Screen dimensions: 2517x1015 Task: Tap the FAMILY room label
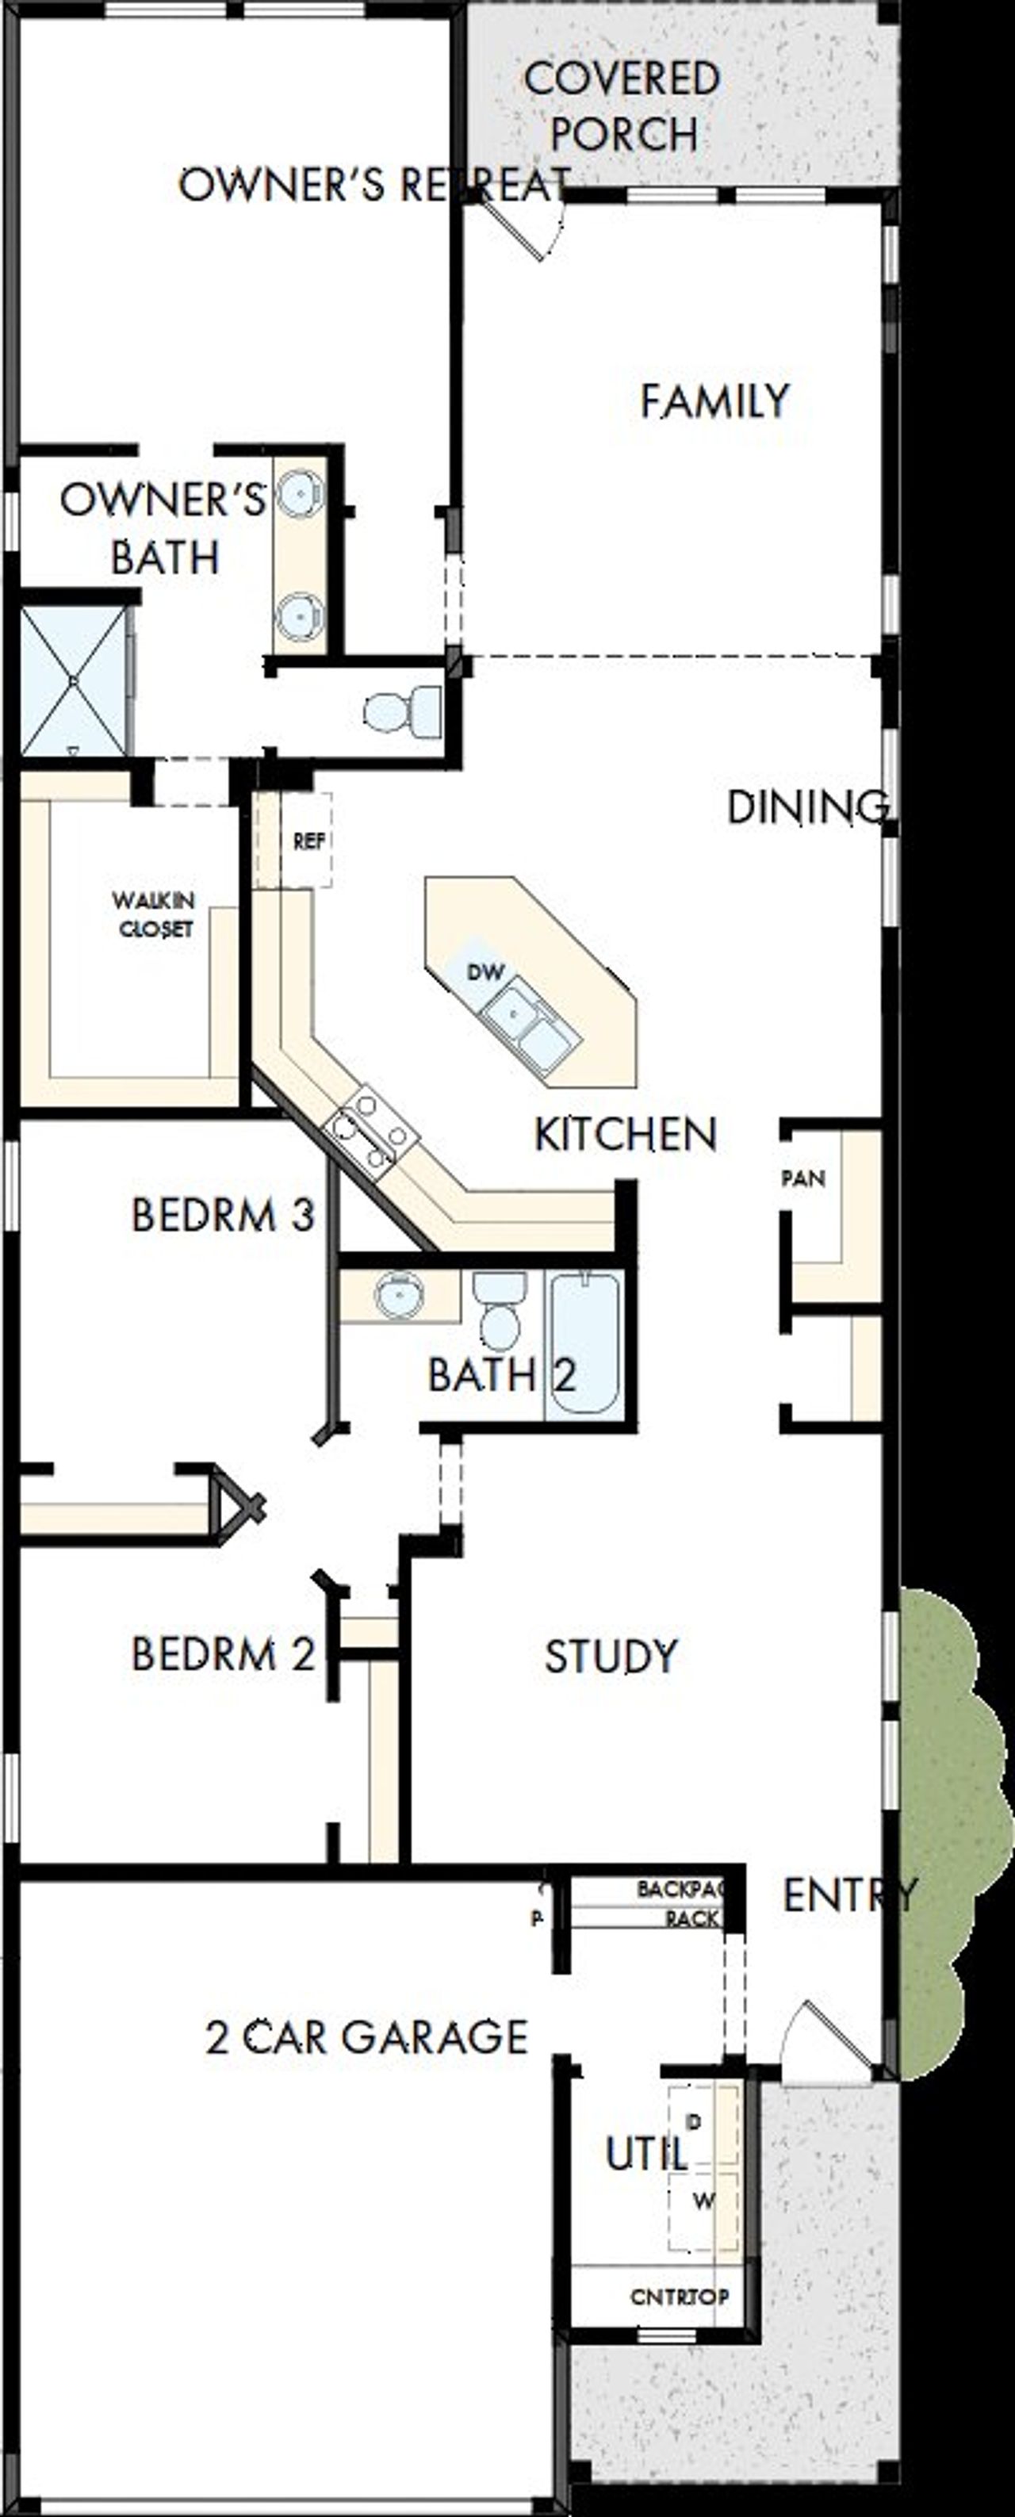click(x=714, y=401)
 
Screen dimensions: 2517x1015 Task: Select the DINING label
click(x=808, y=807)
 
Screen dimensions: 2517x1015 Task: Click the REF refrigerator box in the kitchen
click(x=308, y=841)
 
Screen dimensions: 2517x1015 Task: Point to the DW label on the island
click(x=485, y=972)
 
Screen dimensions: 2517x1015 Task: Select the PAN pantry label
click(x=803, y=1179)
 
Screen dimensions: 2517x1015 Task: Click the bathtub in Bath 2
click(x=583, y=1343)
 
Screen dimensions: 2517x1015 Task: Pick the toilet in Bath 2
click(x=500, y=1312)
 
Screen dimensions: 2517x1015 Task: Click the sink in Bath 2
click(x=400, y=1296)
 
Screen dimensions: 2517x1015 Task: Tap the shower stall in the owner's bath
click(x=73, y=680)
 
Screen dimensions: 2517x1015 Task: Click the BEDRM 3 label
click(x=223, y=1216)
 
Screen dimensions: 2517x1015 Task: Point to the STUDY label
click(x=611, y=1656)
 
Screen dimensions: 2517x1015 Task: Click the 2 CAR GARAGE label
click(x=366, y=2037)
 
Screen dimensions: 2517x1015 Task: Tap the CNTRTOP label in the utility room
click(x=679, y=2297)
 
